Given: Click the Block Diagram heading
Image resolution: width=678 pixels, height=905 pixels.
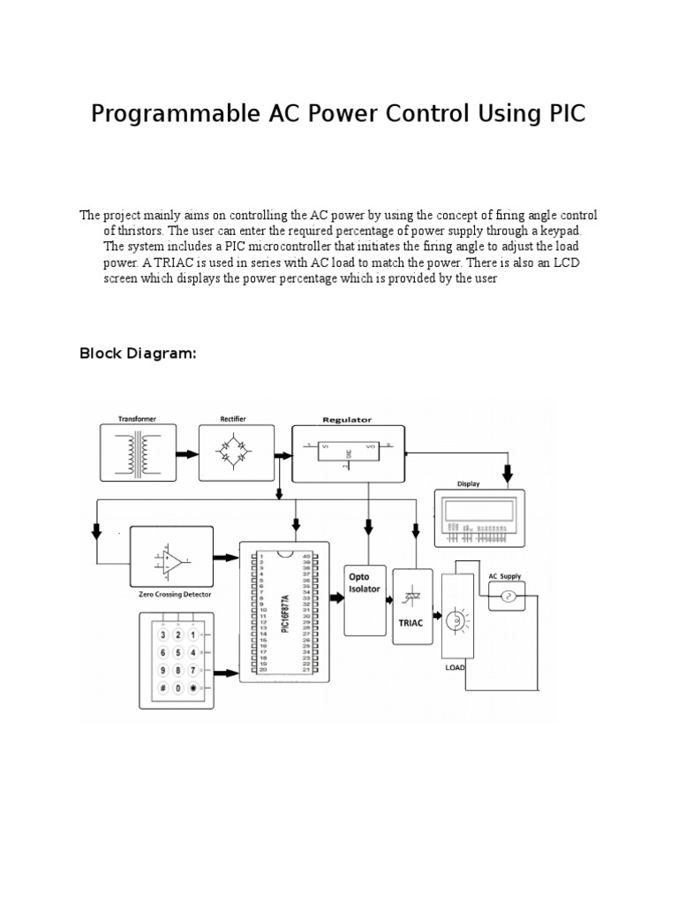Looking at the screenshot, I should pyautogui.click(x=137, y=354).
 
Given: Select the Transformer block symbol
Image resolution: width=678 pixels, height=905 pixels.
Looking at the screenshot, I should pyautogui.click(x=138, y=453).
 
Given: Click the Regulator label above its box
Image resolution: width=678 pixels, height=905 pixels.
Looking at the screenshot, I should pyautogui.click(x=347, y=420).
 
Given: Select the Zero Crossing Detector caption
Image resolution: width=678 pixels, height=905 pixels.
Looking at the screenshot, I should pyautogui.click(x=175, y=595).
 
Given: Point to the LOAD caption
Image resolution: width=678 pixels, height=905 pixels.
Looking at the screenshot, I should pyautogui.click(x=455, y=668).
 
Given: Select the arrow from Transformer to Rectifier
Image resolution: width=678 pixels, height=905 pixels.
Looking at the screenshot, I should pyautogui.click(x=186, y=453).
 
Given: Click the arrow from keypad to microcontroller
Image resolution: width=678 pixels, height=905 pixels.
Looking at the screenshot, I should pyautogui.click(x=227, y=673).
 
